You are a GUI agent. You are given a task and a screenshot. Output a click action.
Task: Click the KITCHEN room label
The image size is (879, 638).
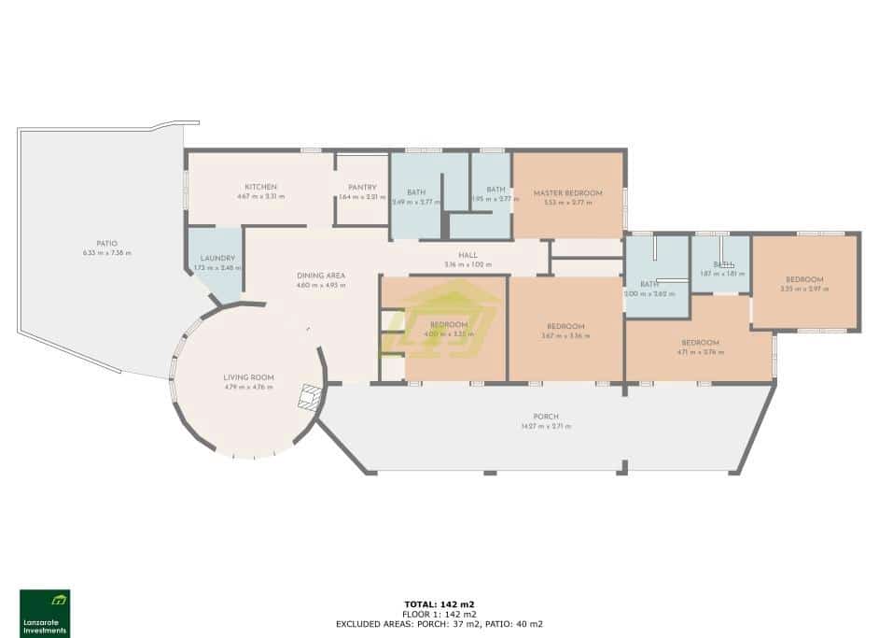pos(261,187)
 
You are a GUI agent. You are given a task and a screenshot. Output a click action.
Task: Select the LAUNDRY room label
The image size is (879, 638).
pos(217,259)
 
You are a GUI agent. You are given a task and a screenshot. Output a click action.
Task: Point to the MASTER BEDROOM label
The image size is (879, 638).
pos(567,193)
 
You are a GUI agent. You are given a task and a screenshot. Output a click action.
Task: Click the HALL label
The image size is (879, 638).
pos(467,255)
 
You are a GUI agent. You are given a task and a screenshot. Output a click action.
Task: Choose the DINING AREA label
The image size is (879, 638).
pos(321,276)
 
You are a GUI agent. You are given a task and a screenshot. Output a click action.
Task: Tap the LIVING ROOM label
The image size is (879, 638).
pos(247,377)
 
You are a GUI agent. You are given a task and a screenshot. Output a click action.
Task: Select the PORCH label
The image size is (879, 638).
pos(546,417)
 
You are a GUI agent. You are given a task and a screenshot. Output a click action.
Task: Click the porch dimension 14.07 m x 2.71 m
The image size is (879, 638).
pos(546,426)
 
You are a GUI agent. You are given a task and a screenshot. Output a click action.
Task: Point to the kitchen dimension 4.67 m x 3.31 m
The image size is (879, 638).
pos(261,196)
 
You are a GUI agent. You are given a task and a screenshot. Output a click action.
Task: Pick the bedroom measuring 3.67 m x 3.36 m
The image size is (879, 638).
pos(565,331)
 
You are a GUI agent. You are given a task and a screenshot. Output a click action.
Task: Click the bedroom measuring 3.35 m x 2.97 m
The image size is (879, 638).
pos(803,284)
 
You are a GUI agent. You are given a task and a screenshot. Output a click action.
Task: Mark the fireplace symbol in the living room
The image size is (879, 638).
pos(306,400)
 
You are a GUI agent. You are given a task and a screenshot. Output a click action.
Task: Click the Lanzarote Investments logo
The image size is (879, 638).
pos(45,613)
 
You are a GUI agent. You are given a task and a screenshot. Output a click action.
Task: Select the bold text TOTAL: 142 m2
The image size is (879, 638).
pos(439,604)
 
